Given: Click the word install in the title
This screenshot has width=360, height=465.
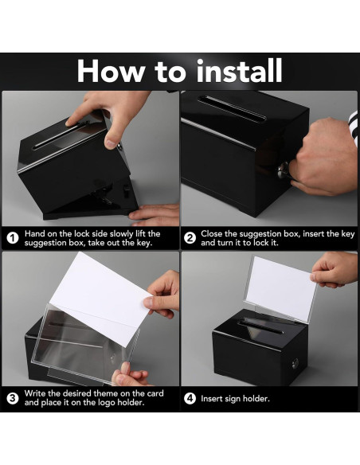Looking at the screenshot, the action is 239,71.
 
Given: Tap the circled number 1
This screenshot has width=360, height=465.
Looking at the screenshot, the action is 13,238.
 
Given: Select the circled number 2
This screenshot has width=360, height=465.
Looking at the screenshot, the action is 190,238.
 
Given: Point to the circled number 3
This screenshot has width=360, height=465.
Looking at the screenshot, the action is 13,398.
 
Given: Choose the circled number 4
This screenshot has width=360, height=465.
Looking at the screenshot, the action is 190,398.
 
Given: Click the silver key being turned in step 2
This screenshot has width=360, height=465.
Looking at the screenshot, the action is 284,171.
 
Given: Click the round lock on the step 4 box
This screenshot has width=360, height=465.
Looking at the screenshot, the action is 295,363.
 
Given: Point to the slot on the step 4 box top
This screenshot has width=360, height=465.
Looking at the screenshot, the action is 260,326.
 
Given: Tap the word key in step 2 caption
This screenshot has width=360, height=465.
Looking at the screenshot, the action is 348,234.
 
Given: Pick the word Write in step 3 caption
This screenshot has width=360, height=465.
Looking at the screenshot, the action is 35,393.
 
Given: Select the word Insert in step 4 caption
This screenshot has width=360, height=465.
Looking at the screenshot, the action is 211,398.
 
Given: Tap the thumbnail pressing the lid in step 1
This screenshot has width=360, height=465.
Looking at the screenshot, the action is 111,144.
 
